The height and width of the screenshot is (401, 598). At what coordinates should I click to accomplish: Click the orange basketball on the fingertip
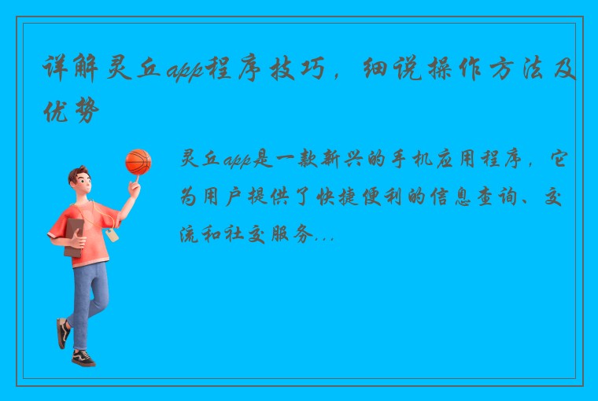tap(138, 162)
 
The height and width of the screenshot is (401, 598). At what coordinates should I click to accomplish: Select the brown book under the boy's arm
tap(73, 237)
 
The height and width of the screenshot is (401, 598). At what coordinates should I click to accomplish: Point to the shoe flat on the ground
tap(83, 358)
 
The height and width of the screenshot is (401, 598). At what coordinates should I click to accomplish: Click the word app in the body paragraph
tap(234, 160)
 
